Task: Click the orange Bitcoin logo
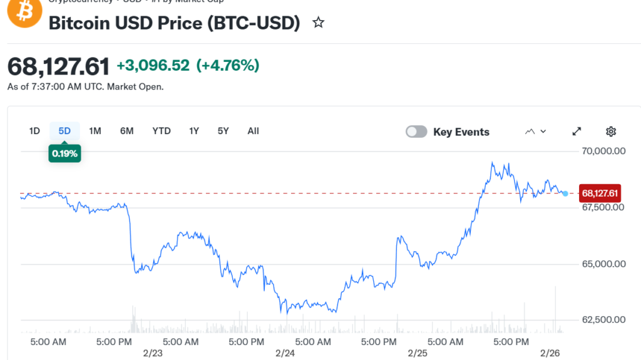24,11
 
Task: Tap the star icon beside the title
319,23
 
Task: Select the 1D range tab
34,131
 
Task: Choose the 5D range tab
64,131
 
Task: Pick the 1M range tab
95,131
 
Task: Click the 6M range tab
127,131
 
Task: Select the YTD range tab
162,131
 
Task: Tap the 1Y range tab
194,131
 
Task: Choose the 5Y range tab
223,131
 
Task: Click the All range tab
253,131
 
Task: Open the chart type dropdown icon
536,131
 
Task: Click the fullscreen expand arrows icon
577,131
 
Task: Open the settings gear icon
611,131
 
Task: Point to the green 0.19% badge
64,153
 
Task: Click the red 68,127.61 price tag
600,193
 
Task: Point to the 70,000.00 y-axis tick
603,151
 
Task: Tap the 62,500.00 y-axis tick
603,320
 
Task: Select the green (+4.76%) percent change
228,65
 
